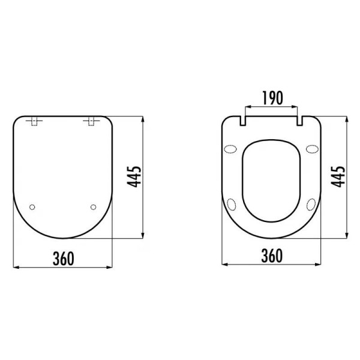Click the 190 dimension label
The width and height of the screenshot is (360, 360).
(x=272, y=98)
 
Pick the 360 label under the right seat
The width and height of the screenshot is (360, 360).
(x=272, y=256)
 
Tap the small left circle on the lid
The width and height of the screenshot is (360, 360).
(x=33, y=207)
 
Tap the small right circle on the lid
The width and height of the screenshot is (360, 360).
(x=92, y=207)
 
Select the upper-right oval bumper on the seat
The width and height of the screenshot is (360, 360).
(x=311, y=149)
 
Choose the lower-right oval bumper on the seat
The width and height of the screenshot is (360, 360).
(x=310, y=204)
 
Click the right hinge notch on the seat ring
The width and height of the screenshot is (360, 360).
(x=298, y=121)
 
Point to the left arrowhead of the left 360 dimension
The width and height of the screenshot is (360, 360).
(x=15, y=266)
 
